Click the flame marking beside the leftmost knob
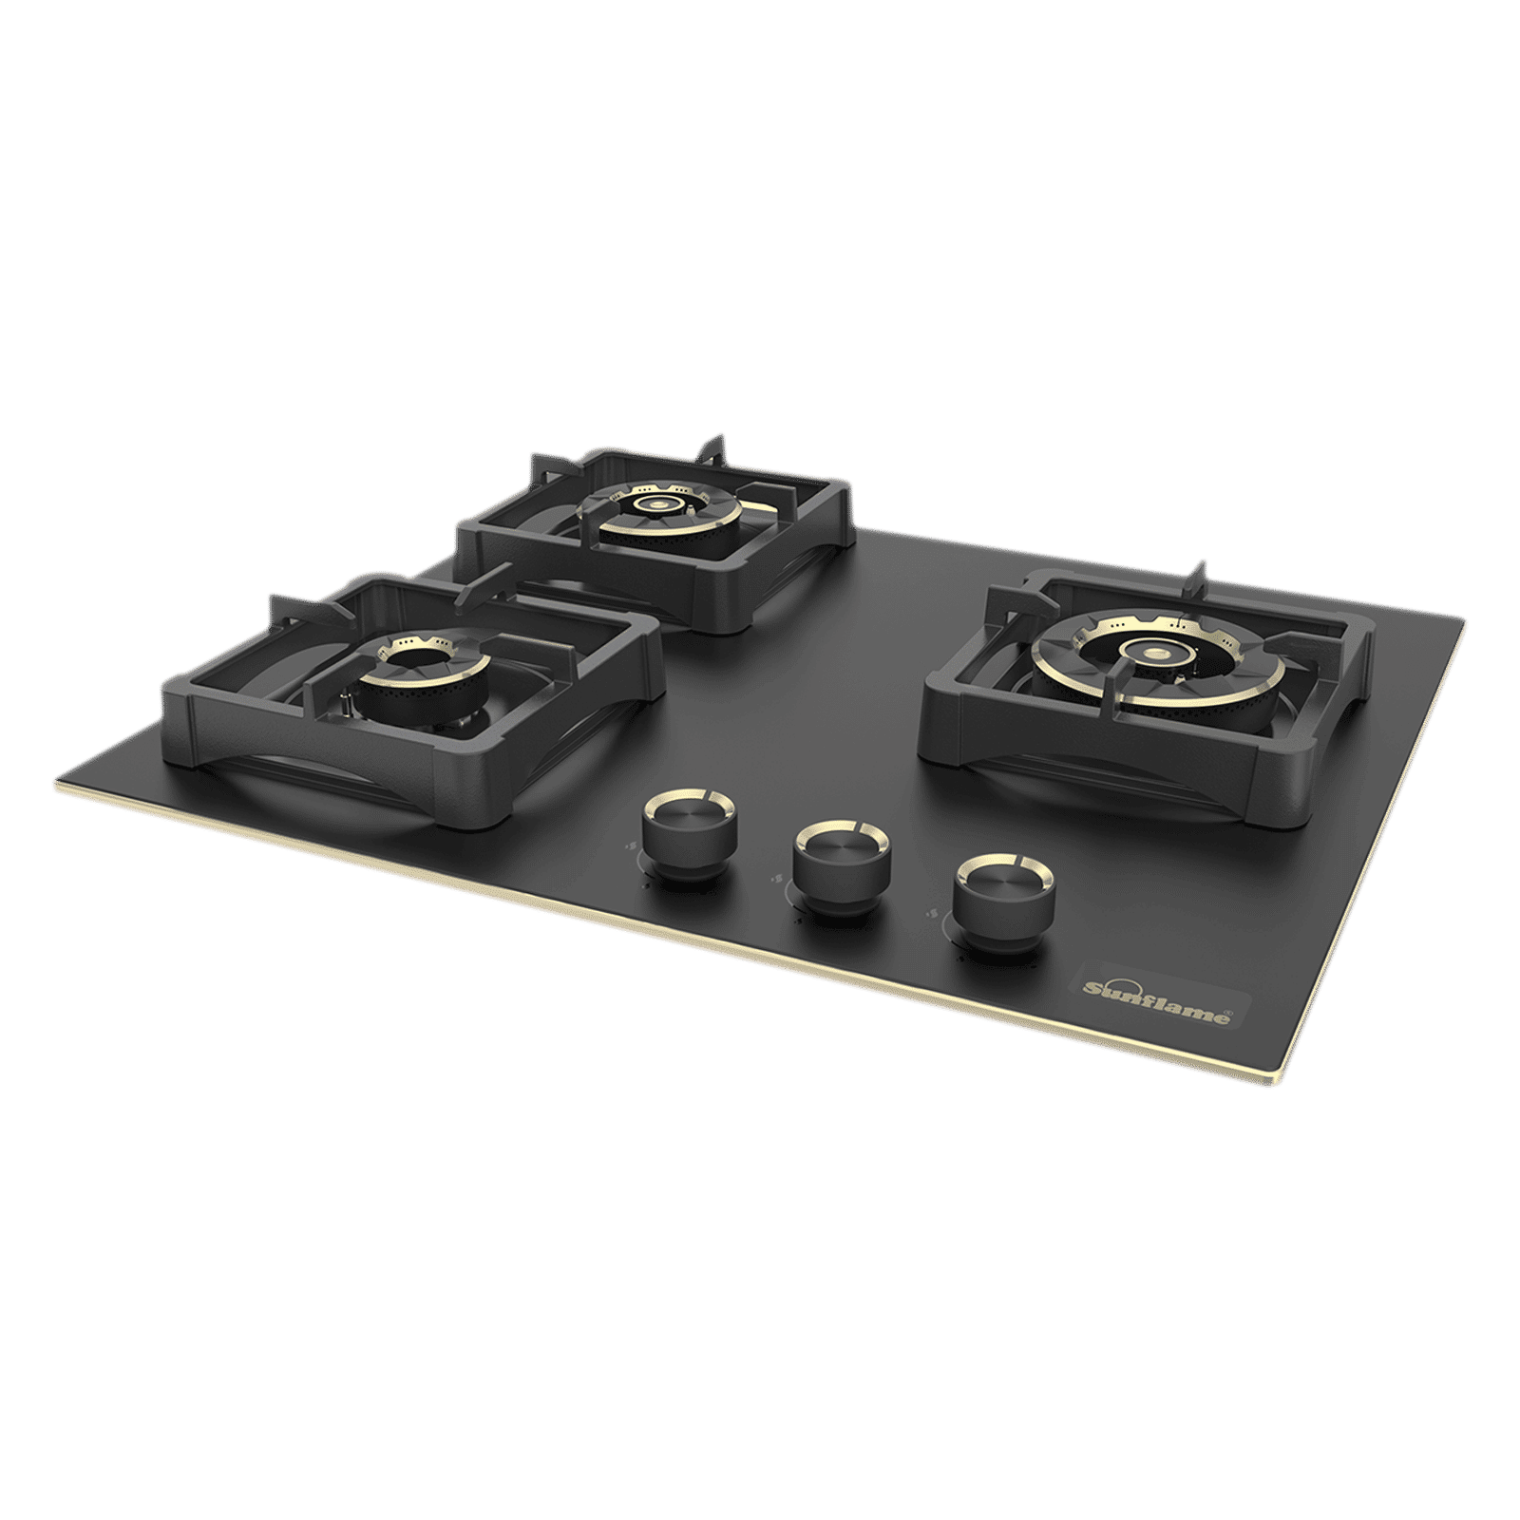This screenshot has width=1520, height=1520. point(631,847)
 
